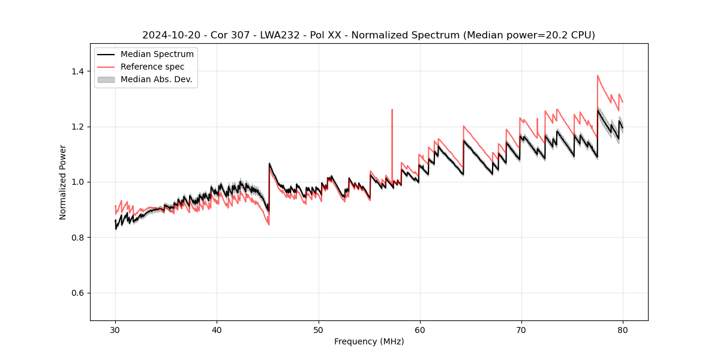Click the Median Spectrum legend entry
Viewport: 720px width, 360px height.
157,55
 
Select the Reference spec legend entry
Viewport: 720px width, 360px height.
152,67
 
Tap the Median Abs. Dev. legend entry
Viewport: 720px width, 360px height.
156,79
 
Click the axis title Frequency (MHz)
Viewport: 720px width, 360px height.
369,341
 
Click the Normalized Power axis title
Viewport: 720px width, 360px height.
63,182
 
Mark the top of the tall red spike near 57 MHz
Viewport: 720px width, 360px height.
392,110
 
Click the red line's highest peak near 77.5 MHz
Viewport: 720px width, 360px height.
598,76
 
